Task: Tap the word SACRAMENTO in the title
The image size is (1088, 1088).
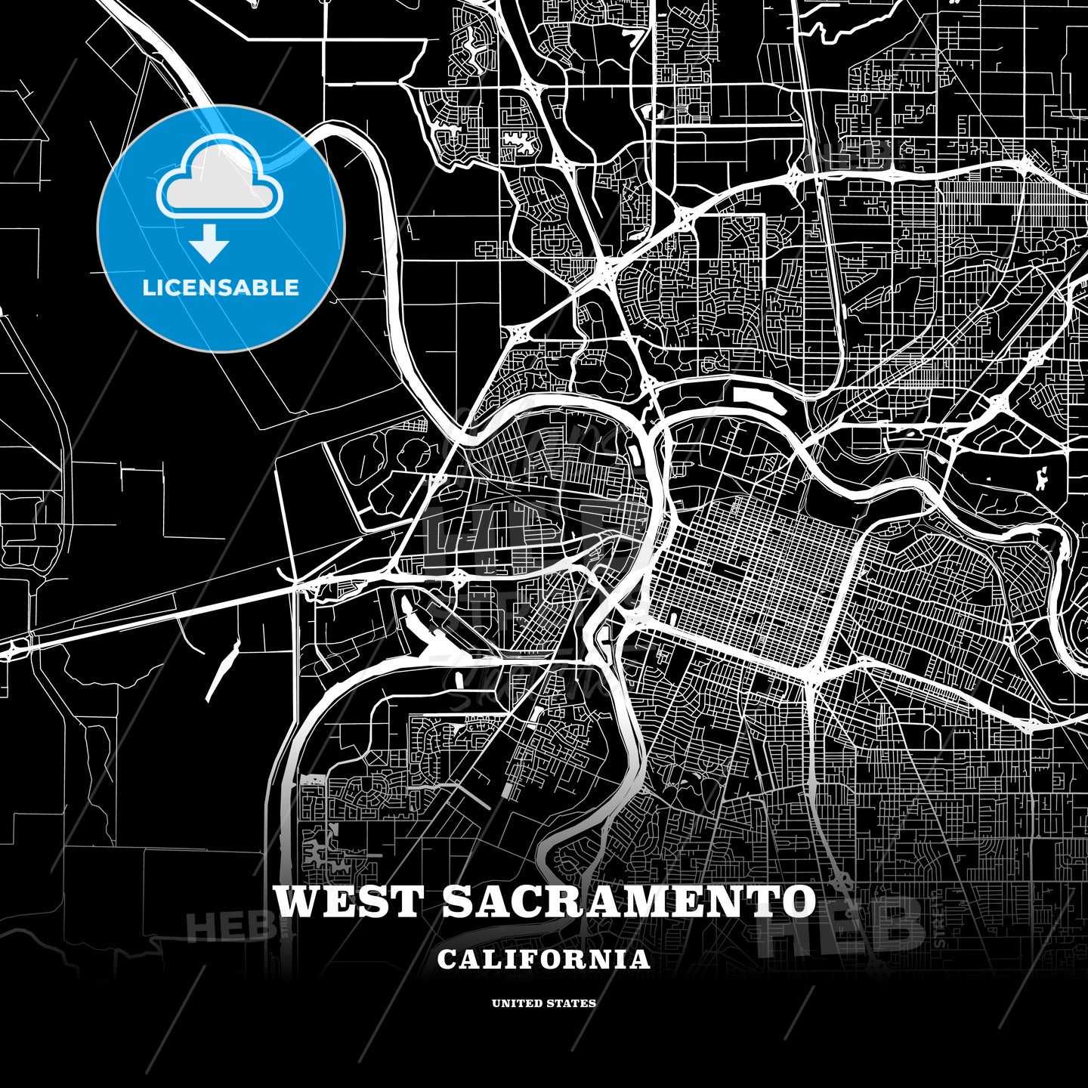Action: (629, 901)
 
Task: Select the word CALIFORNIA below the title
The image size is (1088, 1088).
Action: (543, 960)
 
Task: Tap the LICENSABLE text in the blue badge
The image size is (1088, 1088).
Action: (221, 288)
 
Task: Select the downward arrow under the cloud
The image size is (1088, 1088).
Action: (209, 244)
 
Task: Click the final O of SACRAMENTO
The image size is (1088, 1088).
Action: (797, 901)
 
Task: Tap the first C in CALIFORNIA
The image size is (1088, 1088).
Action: (447, 960)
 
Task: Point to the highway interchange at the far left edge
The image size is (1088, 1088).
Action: (15, 648)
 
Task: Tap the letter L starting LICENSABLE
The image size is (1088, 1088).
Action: (148, 288)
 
